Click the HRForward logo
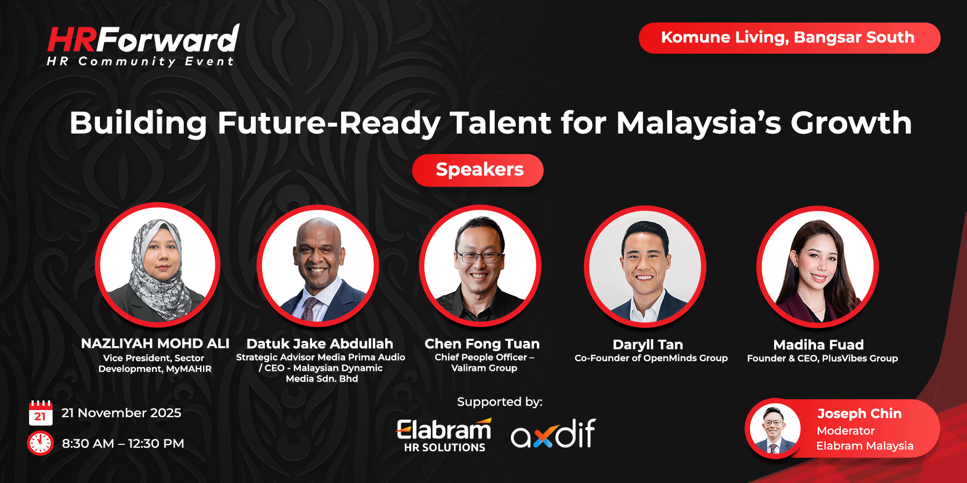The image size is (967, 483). [143, 45]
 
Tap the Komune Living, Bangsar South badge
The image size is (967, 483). [789, 38]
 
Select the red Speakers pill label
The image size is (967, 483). [478, 170]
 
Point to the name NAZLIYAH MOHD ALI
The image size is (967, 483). [155, 343]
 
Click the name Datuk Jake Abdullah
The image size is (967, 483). [320, 343]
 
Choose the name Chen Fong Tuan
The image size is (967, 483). [482, 343]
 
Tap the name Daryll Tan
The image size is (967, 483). [648, 345]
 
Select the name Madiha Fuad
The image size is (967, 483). [818, 345]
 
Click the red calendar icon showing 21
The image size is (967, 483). [40, 413]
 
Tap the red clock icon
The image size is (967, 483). [40, 443]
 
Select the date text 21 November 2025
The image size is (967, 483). [121, 413]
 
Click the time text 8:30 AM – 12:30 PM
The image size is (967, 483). [123, 443]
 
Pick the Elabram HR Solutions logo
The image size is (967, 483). [444, 435]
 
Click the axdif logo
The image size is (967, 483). [553, 434]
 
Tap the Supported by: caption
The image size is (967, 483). [500, 401]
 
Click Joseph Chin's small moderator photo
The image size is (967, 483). [774, 429]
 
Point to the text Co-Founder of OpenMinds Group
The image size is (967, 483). [651, 358]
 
